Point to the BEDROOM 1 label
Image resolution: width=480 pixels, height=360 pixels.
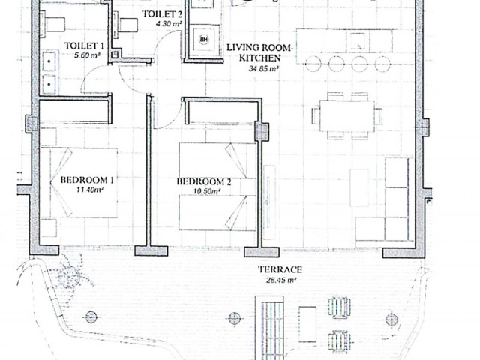[86, 180]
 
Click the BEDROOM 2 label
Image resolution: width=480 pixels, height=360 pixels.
[203, 181]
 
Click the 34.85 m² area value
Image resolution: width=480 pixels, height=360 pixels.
[263, 68]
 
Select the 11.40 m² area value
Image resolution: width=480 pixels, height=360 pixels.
[89, 190]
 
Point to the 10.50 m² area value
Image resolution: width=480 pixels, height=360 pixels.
[204, 192]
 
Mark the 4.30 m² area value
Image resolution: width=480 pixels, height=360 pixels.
[168, 24]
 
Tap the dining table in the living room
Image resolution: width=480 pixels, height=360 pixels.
[346, 116]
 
